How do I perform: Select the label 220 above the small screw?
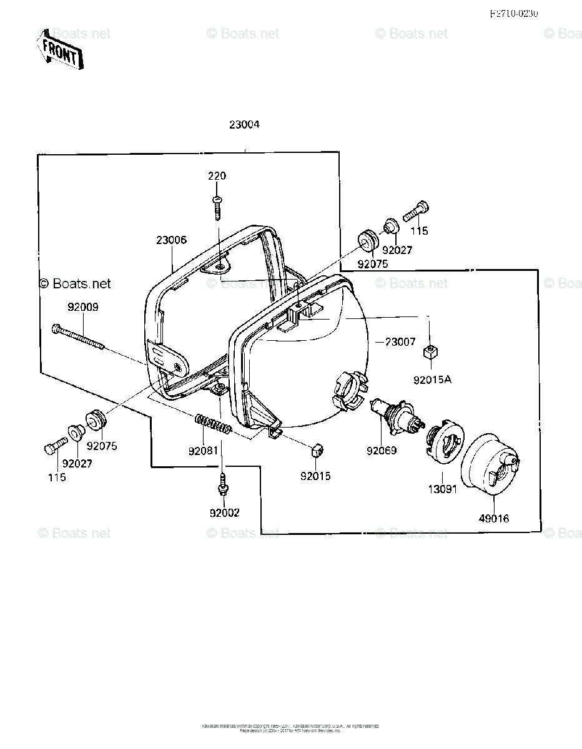217,176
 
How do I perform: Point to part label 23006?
172,240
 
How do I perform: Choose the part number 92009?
83,307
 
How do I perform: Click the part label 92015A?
432,378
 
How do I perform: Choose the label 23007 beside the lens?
400,342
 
